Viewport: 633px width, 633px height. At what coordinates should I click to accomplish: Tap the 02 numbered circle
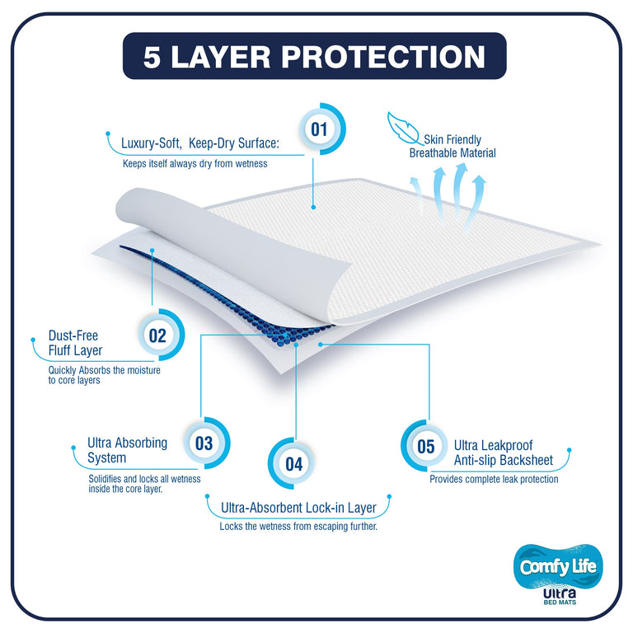click(157, 335)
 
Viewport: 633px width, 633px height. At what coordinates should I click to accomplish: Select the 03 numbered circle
click(204, 443)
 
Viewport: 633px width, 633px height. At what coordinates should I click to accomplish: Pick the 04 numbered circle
click(294, 463)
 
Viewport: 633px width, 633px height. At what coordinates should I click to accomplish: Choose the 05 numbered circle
click(425, 447)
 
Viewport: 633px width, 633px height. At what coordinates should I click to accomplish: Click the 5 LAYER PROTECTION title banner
click(314, 56)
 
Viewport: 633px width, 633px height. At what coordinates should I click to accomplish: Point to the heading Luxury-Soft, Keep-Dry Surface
click(200, 143)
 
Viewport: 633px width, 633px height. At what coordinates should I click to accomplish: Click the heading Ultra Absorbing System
click(127, 450)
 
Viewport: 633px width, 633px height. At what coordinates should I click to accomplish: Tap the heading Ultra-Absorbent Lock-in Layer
click(298, 508)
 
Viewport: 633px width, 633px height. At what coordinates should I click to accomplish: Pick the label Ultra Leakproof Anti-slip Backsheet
click(503, 452)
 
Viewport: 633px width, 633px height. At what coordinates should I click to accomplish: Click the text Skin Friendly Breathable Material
click(452, 147)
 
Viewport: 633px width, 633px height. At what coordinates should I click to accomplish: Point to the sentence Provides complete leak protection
click(494, 479)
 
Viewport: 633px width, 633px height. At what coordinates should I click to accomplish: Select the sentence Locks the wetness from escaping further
click(298, 526)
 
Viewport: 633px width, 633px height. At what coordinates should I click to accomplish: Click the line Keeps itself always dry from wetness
click(195, 163)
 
